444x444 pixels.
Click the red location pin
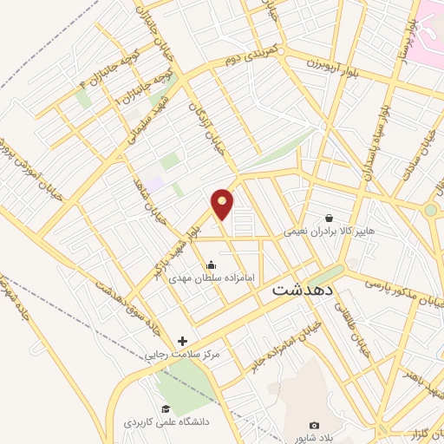[x=223, y=204]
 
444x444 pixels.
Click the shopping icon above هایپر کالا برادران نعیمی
[x=330, y=218]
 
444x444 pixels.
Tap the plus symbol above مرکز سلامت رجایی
[x=182, y=342]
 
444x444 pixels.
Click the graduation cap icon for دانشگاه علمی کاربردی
[x=164, y=409]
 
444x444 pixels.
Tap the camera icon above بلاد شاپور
[x=314, y=426]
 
